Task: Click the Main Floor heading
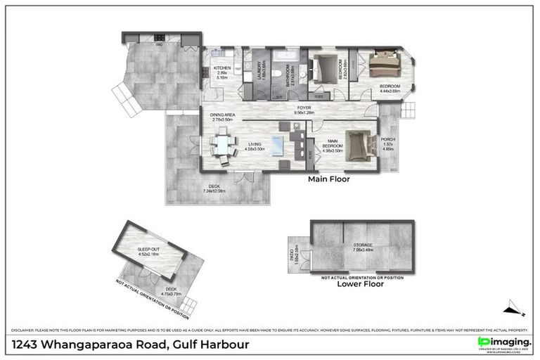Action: click(329, 179)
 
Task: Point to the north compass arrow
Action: click(514, 307)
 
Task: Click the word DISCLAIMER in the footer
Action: click(25, 329)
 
